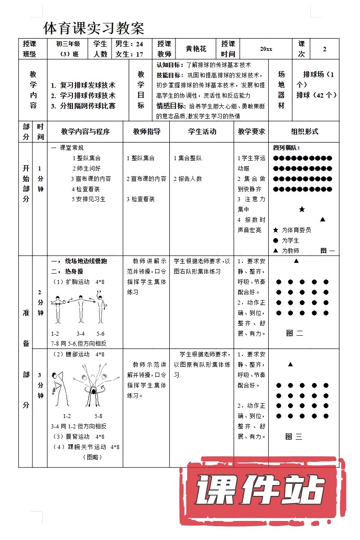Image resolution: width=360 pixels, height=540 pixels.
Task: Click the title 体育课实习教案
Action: tap(94, 28)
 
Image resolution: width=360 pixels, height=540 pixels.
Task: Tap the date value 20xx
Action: tap(266, 49)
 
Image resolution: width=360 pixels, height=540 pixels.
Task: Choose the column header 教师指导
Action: tap(146, 131)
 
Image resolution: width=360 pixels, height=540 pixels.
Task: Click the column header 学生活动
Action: tap(202, 131)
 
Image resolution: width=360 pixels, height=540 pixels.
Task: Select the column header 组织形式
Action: tap(304, 131)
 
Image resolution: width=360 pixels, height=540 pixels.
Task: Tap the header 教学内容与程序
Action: tap(85, 131)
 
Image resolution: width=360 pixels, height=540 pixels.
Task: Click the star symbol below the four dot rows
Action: tap(302, 210)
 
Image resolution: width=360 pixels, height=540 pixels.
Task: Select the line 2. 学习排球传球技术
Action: tap(83, 95)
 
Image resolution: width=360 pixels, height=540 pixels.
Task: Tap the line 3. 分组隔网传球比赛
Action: tap(83, 106)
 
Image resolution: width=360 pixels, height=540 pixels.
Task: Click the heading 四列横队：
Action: tap(286, 148)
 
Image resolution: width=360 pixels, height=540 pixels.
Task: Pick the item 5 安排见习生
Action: tap(89, 199)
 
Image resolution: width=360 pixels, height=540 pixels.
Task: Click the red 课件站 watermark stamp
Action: tap(261, 490)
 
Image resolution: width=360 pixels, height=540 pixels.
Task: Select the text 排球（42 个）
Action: tap(317, 95)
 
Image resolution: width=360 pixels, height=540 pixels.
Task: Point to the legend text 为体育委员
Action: tap(297, 230)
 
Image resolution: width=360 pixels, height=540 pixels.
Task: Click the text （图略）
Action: tap(92, 457)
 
